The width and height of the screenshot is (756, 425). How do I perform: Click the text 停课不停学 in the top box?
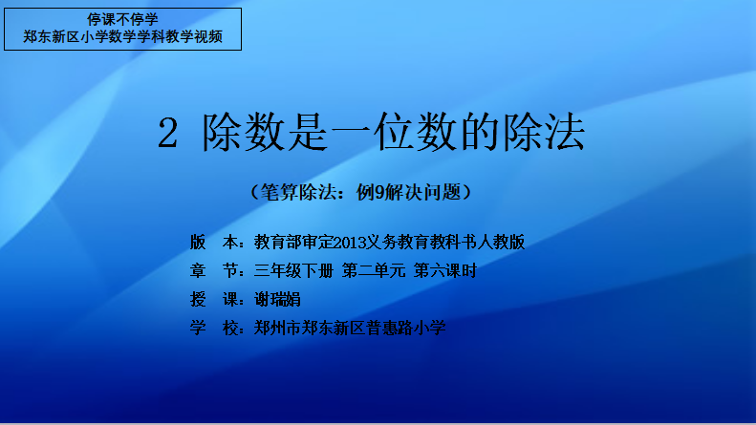(x=122, y=19)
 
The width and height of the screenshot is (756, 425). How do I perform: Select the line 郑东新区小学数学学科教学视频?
(x=122, y=36)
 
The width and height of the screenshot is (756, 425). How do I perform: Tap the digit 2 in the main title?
(x=168, y=133)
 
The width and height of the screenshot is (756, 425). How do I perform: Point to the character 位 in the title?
(x=394, y=132)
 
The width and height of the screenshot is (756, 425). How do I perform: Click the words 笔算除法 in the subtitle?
(x=298, y=192)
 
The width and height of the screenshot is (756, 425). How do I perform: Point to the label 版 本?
(x=213, y=243)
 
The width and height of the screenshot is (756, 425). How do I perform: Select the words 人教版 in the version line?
(x=501, y=243)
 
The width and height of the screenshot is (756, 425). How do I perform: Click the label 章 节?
(x=213, y=271)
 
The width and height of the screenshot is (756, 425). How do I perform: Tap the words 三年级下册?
(x=293, y=271)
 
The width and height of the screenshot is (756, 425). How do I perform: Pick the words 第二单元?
(x=374, y=271)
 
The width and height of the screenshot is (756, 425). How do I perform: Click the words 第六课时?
(x=445, y=271)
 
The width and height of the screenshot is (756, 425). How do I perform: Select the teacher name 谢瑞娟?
(x=277, y=300)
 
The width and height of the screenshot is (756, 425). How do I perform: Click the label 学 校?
(x=213, y=329)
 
